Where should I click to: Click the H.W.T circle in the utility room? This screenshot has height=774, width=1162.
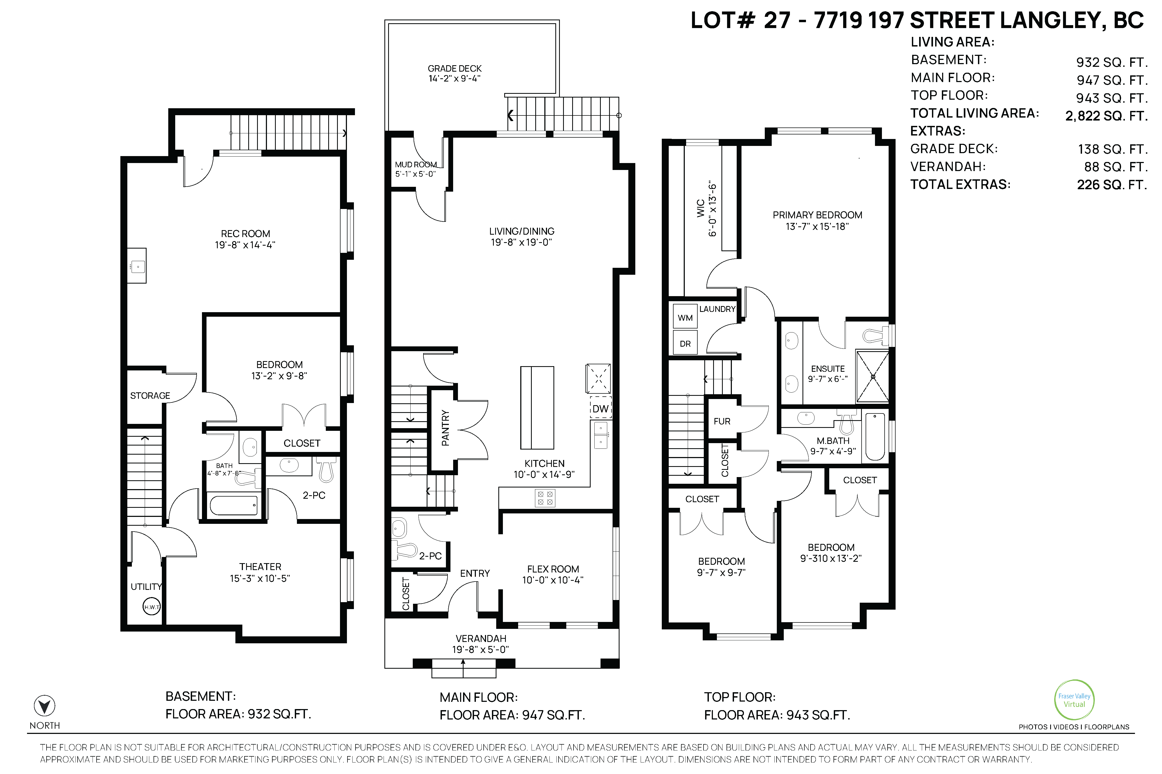pyautogui.click(x=152, y=607)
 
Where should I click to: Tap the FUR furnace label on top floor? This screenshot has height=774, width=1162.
pyautogui.click(x=722, y=421)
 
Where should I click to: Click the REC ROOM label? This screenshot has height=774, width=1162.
pyautogui.click(x=246, y=234)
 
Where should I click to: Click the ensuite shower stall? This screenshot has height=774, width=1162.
pyautogui.click(x=873, y=377)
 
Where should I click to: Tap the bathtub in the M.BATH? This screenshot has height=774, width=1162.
pyautogui.click(x=875, y=436)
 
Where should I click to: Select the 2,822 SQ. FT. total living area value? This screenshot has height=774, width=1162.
pyautogui.click(x=1106, y=116)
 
